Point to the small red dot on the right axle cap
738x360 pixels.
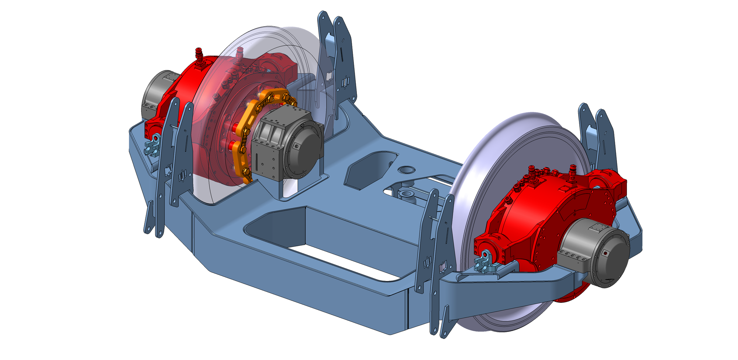pyautogui.click(x=605, y=253)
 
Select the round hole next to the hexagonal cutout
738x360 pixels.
pyautogui.click(x=406, y=169)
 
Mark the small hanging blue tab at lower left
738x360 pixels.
pyautogui.click(x=149, y=218)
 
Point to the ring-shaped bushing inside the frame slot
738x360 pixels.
pyautogui.click(x=407, y=194)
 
